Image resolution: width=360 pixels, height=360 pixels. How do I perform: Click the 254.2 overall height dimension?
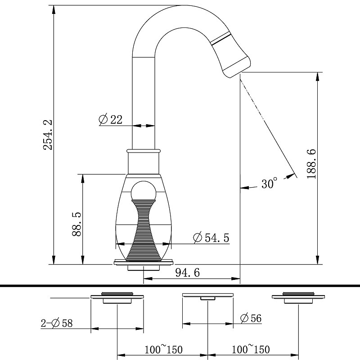[x=48, y=135]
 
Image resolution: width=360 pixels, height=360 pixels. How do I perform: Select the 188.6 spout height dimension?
[x=311, y=164]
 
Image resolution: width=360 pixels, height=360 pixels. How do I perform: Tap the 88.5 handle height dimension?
[x=76, y=225]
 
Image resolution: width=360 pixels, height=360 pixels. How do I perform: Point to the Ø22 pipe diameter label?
[x=110, y=119]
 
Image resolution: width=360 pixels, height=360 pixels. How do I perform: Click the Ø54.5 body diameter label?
[x=210, y=238]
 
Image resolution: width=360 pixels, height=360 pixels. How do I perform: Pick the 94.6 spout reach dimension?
[x=187, y=272]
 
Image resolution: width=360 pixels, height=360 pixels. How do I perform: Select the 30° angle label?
[x=269, y=184]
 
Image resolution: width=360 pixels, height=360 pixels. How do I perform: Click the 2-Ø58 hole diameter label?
[x=57, y=323]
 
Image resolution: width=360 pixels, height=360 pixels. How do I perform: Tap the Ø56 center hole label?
[x=251, y=318]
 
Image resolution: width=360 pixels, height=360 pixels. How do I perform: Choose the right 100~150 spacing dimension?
[x=251, y=349]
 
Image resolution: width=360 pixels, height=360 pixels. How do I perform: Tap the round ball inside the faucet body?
[x=143, y=191]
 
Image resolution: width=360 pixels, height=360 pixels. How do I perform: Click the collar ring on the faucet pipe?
[x=143, y=151]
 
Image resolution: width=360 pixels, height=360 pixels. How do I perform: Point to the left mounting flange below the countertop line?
[x=117, y=297]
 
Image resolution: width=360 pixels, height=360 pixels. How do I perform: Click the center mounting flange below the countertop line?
[x=207, y=296]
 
